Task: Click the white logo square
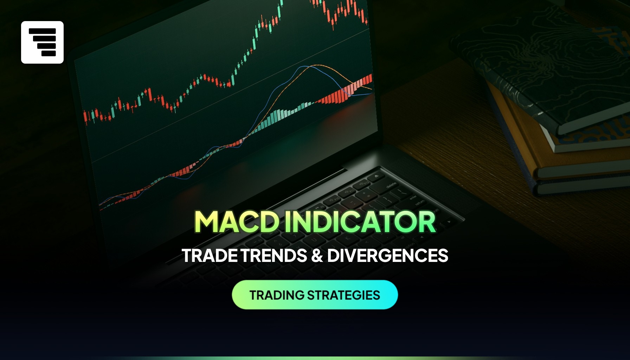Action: [x=42, y=42]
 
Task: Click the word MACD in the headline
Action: [x=237, y=222]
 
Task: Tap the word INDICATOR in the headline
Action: [x=360, y=222]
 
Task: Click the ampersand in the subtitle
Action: [x=317, y=256]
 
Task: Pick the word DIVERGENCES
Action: [x=388, y=256]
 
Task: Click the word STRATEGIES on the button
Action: [x=343, y=295]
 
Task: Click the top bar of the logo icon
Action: [x=42, y=31]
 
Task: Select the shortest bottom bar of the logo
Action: [x=49, y=53]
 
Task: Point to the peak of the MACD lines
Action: [x=316, y=66]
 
